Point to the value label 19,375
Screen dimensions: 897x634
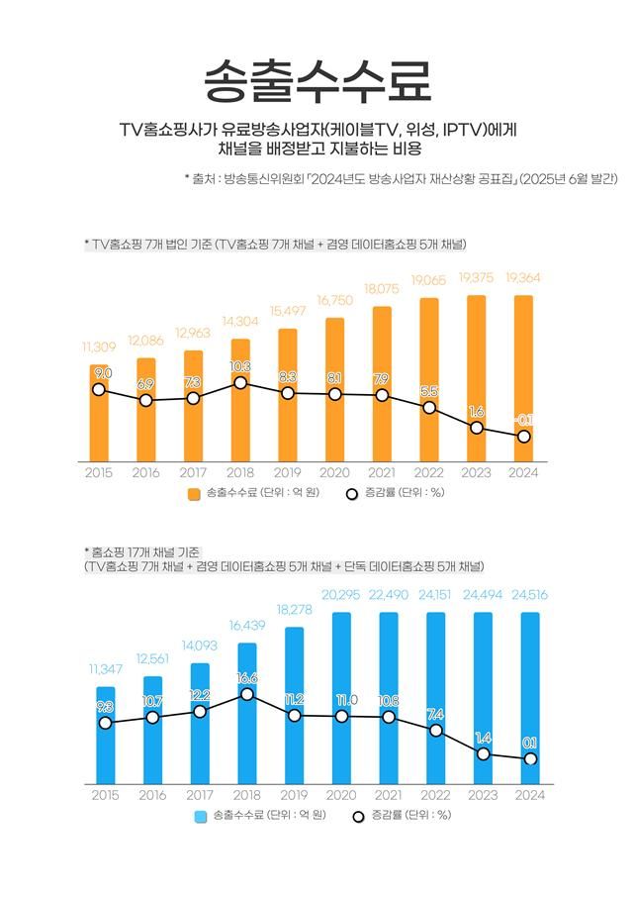pos(477,278)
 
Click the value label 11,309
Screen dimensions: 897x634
pos(98,348)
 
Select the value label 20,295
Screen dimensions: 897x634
pos(341,595)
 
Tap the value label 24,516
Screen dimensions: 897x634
pos(530,595)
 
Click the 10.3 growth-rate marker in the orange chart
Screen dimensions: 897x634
pos(240,382)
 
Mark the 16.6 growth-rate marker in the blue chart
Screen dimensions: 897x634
pos(247,694)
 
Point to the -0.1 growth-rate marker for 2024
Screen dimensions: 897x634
pos(524,437)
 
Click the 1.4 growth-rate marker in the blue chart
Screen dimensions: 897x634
pos(483,754)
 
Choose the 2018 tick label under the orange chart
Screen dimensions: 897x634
pos(240,473)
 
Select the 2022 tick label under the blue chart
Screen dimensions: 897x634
pos(435,795)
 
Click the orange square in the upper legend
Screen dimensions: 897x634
pos(194,494)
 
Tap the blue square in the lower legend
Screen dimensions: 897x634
pos(201,817)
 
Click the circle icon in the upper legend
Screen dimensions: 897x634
pos(351,494)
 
